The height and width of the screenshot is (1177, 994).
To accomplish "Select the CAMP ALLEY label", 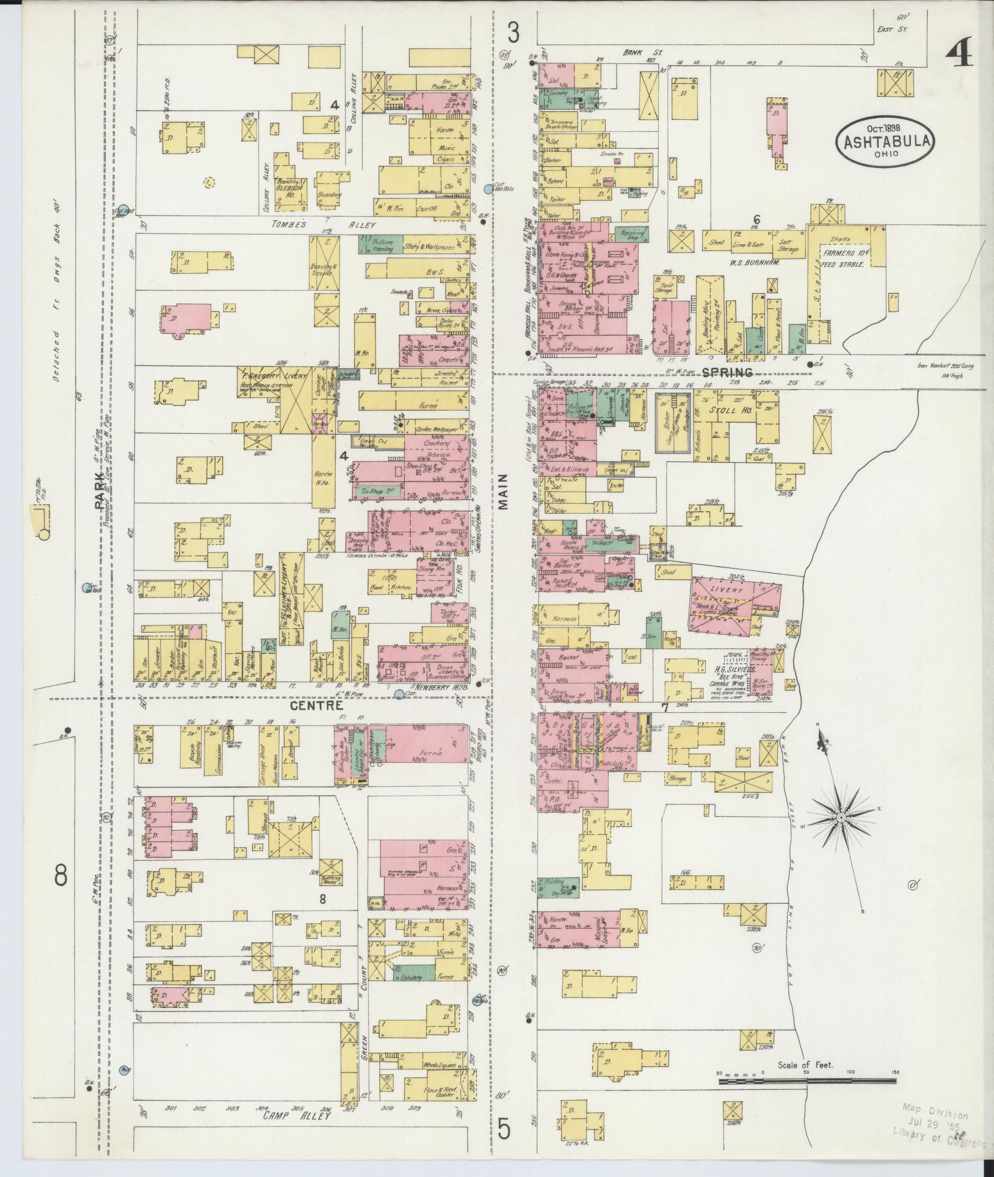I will coord(297,1115).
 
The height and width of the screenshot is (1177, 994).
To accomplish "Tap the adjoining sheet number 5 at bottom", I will coord(503,1128).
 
